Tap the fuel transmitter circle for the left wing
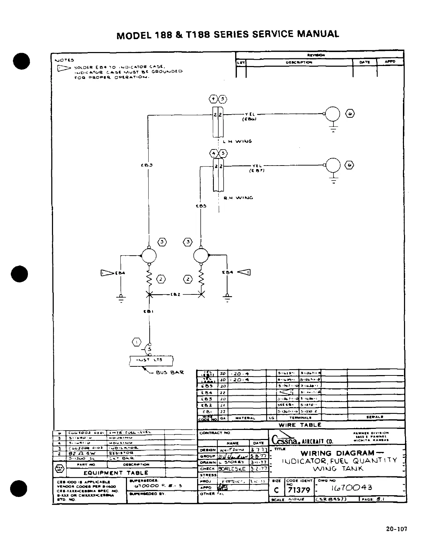tap(333, 114)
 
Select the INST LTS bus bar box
tap(151, 360)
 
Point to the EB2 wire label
tap(175, 294)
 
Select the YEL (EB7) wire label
tap(257, 168)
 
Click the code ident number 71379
tap(299, 490)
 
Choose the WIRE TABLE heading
tap(300, 425)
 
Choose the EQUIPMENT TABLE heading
tap(116, 473)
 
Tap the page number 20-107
tap(396, 529)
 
